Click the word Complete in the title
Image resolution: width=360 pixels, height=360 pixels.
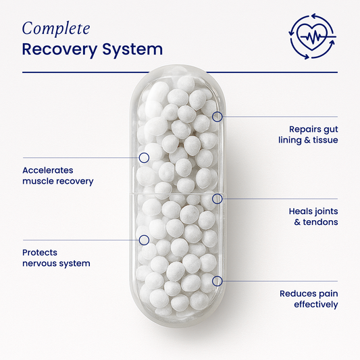(56, 29)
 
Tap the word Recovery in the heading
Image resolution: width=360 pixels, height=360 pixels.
(59, 50)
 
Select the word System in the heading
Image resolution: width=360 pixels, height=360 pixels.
(132, 50)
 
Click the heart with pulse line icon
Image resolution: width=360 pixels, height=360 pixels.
(312, 36)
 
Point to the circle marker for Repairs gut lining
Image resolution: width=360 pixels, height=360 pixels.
(217, 117)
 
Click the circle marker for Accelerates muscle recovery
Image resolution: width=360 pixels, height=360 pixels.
(144, 158)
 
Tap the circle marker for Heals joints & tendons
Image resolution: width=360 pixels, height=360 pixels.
(217, 199)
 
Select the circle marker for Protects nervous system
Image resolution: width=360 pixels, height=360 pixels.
(144, 240)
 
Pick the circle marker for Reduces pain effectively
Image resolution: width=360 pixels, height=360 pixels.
(217, 281)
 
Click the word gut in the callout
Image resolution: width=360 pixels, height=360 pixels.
(330, 130)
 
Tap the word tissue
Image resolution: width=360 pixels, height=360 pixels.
(326, 140)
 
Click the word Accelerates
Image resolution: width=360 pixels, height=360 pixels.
(48, 170)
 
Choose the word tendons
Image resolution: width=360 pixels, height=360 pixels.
(320, 222)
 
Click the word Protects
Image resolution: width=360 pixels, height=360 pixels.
(40, 253)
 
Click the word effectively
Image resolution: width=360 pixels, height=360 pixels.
(316, 305)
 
